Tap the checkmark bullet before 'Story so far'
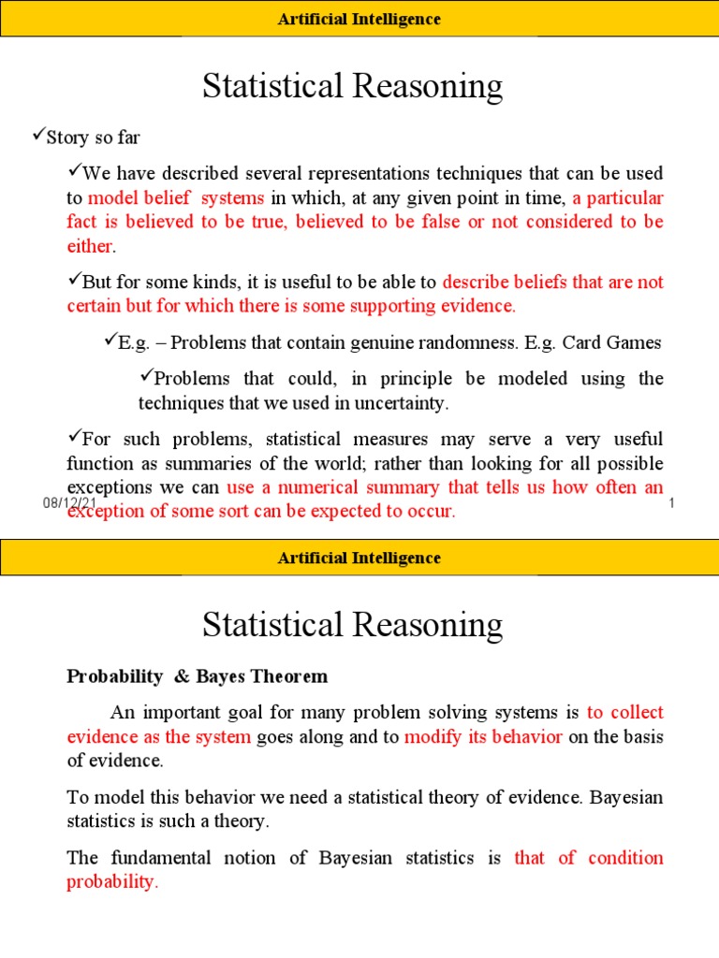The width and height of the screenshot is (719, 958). [27, 137]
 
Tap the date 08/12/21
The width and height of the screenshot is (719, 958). [69, 503]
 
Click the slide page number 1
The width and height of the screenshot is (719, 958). [672, 504]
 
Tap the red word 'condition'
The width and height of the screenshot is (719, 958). [625, 858]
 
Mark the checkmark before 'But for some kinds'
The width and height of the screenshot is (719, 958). [74, 281]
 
